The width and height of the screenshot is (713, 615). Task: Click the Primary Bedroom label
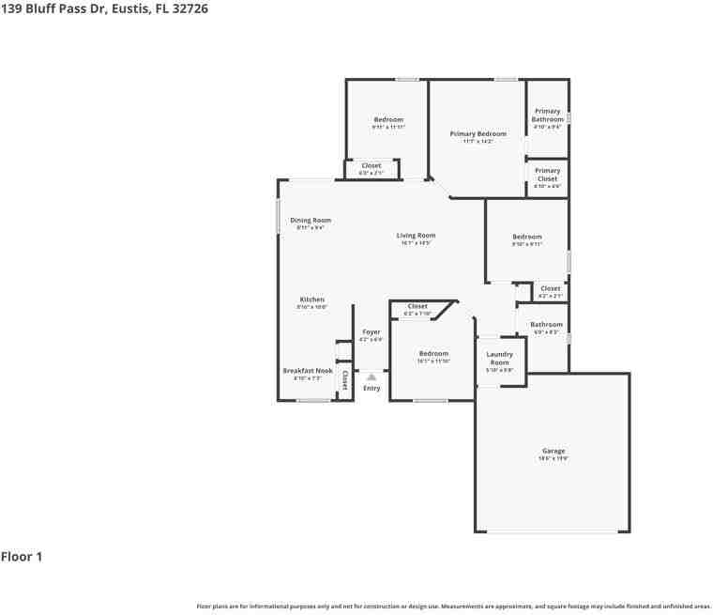[478, 134]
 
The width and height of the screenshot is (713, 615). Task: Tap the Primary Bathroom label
[547, 115]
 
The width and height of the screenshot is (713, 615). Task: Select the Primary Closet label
[547, 175]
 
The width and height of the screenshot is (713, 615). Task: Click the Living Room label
[416, 236]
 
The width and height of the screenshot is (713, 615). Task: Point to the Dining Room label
[310, 221]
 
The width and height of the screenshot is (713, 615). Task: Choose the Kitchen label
[311, 300]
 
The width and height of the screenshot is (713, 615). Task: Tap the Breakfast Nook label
[308, 371]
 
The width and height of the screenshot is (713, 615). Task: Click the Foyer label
[372, 332]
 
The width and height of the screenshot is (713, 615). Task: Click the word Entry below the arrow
[372, 388]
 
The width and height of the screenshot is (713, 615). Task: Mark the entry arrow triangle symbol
[372, 376]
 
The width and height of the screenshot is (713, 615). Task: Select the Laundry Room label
[499, 359]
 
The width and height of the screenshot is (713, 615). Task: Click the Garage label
[554, 452]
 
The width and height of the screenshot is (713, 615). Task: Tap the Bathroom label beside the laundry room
[546, 325]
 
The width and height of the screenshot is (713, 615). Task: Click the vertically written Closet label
[344, 380]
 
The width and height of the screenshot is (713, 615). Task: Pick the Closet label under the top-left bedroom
[371, 166]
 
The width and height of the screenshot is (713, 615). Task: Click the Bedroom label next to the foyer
[433, 354]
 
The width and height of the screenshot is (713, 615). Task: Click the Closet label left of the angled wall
[417, 306]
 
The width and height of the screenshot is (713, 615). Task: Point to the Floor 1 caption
[22, 557]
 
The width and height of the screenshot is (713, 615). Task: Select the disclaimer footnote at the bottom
[454, 606]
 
